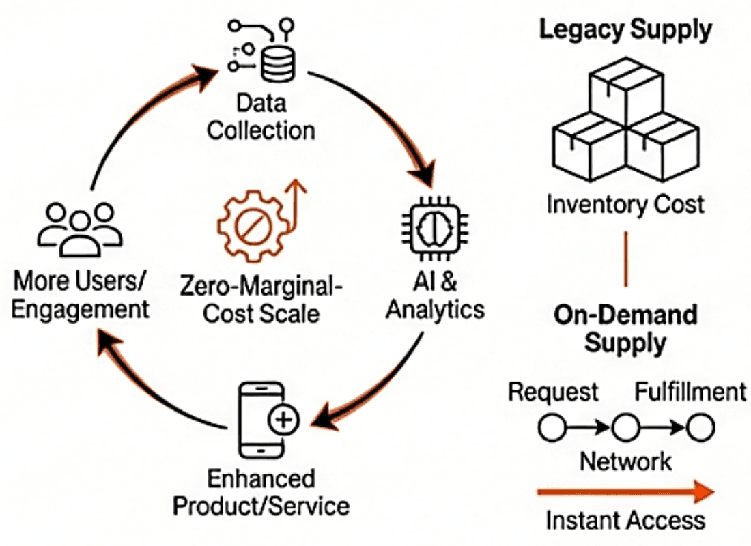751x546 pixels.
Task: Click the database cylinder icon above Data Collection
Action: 278,65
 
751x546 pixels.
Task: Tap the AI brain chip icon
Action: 434,229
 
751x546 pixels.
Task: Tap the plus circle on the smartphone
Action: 283,420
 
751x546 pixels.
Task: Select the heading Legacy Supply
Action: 625,30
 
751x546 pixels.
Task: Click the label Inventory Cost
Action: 625,205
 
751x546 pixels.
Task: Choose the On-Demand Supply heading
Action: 625,330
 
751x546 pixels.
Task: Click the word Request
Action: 553,392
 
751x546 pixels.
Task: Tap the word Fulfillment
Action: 690,392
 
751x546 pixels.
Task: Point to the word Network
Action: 625,461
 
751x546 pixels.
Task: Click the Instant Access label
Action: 625,520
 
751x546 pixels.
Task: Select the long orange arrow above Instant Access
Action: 625,492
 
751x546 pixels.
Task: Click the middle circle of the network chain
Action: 625,428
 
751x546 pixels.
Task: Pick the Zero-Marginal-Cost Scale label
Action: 261,300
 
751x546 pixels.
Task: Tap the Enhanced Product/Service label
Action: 261,492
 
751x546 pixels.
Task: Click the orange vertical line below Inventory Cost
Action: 625,259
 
